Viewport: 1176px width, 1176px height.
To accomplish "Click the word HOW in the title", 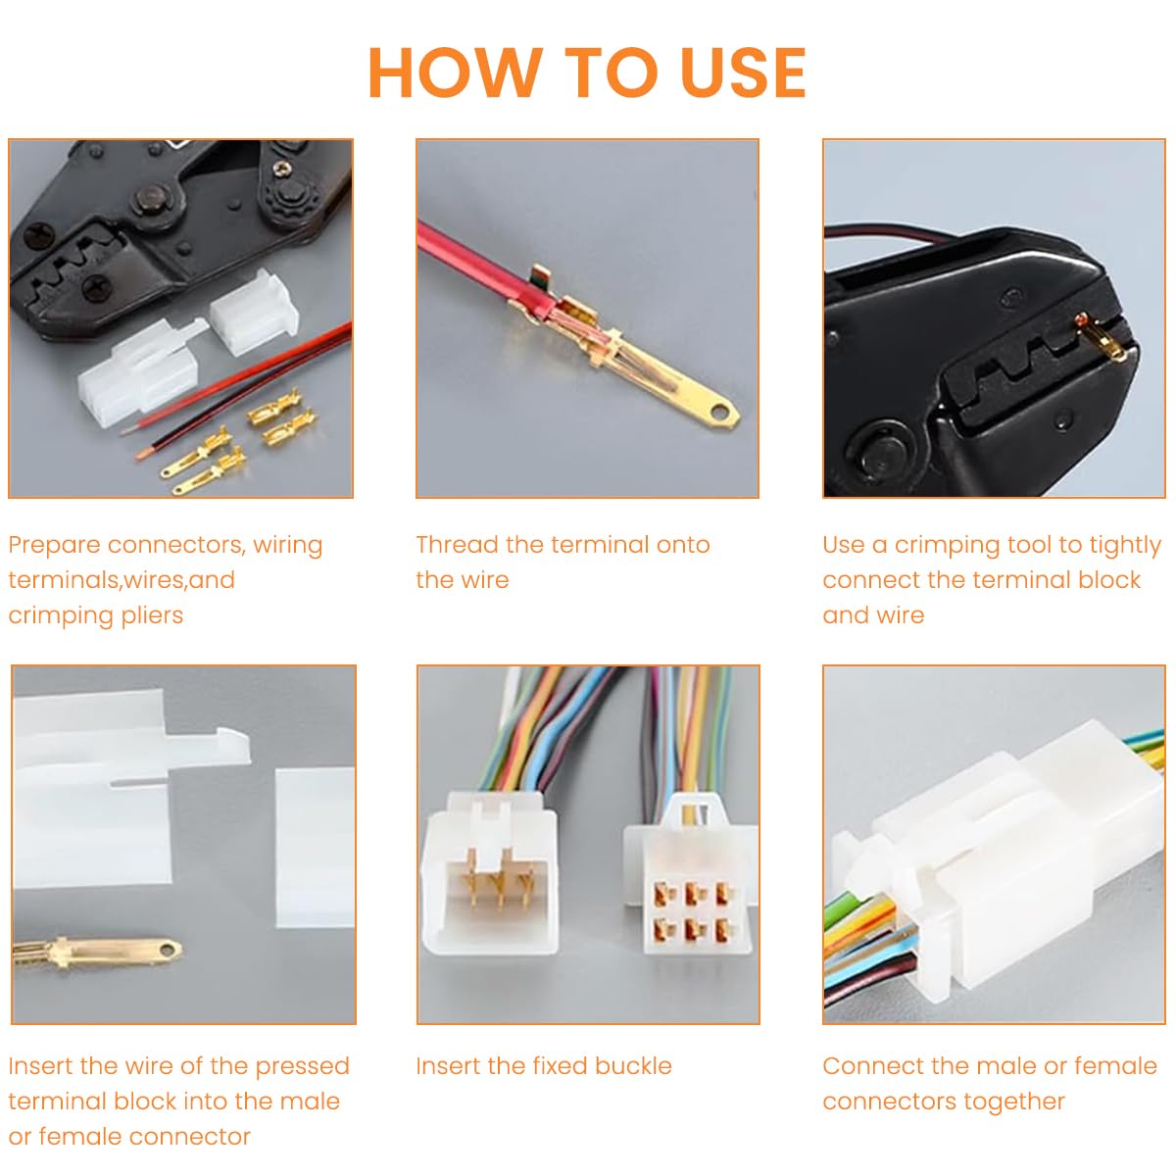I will [455, 73].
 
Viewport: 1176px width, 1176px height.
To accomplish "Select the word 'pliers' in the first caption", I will [149, 616].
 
